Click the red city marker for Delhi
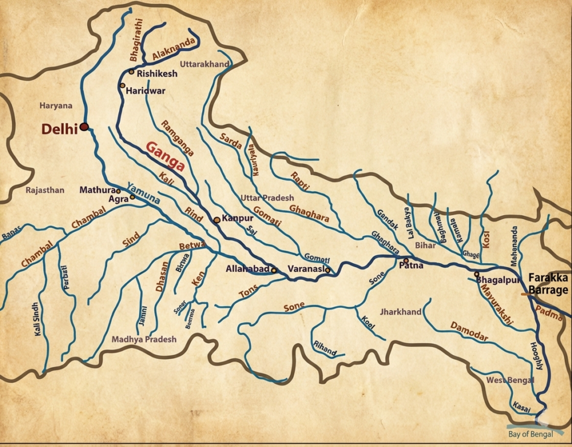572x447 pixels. (x=84, y=127)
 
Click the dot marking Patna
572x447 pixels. (x=406, y=260)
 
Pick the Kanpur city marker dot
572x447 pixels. (x=217, y=220)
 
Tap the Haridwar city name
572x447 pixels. (x=145, y=91)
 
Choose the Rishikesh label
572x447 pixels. (x=156, y=74)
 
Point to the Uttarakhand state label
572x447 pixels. (x=204, y=65)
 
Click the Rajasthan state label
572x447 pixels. (x=45, y=191)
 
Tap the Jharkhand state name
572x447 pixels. (x=401, y=312)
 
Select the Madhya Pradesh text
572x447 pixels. (x=144, y=339)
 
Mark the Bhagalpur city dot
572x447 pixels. (x=476, y=274)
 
